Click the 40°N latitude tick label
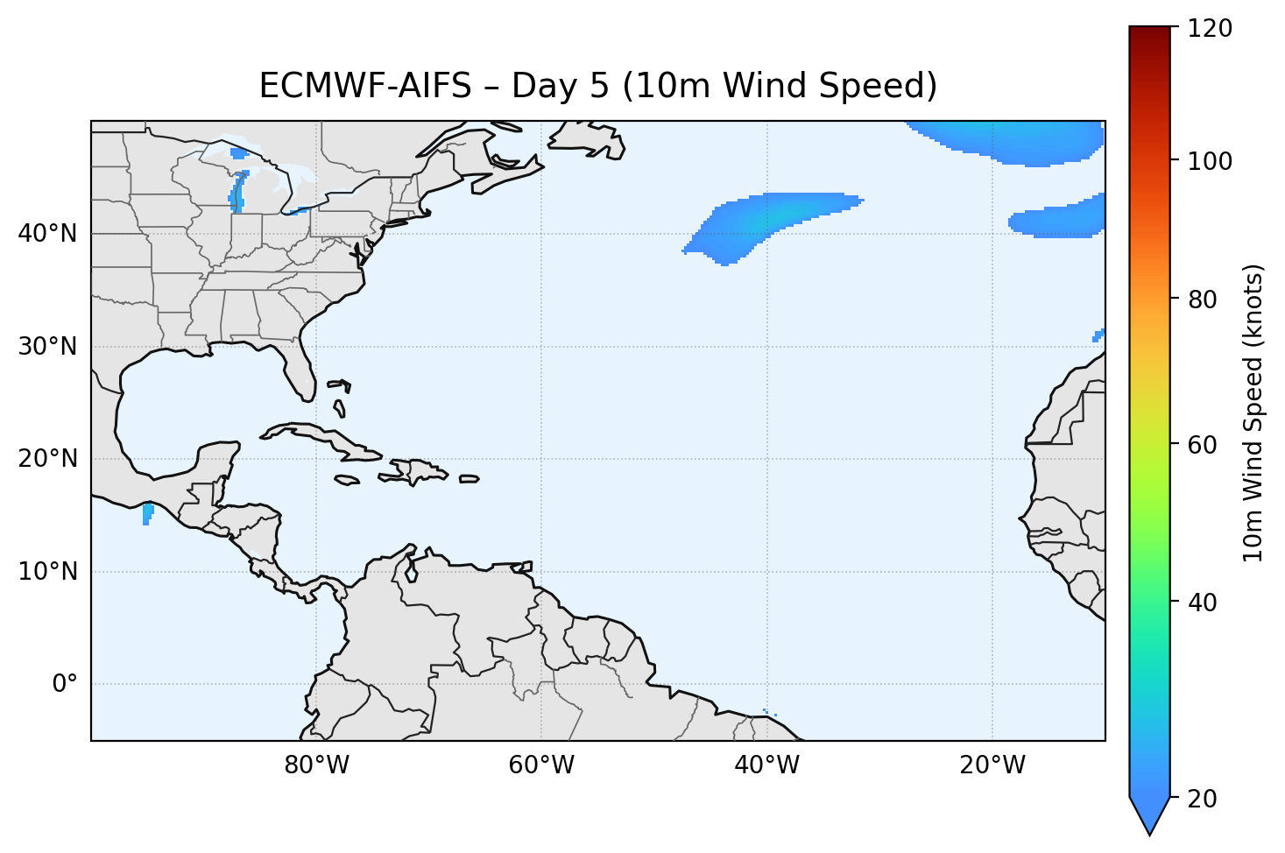[x=47, y=234]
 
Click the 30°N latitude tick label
[x=47, y=347]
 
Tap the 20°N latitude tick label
[x=47, y=459]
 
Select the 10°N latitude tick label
[x=47, y=572]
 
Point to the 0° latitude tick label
[x=64, y=684]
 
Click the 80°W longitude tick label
[x=316, y=765]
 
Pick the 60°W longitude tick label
[x=541, y=765]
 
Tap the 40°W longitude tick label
[x=766, y=765]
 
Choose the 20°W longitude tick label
[x=992, y=765]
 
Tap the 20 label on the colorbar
[x=1202, y=799]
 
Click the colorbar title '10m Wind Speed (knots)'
[x=1253, y=412]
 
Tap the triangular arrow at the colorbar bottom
[x=1150, y=814]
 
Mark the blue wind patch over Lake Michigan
[x=237, y=193]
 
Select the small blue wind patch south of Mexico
[x=147, y=514]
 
